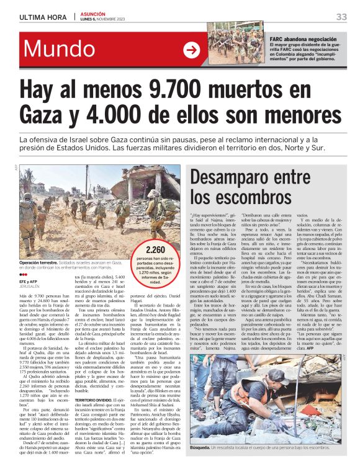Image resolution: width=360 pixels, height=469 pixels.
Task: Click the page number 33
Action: (341, 16)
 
